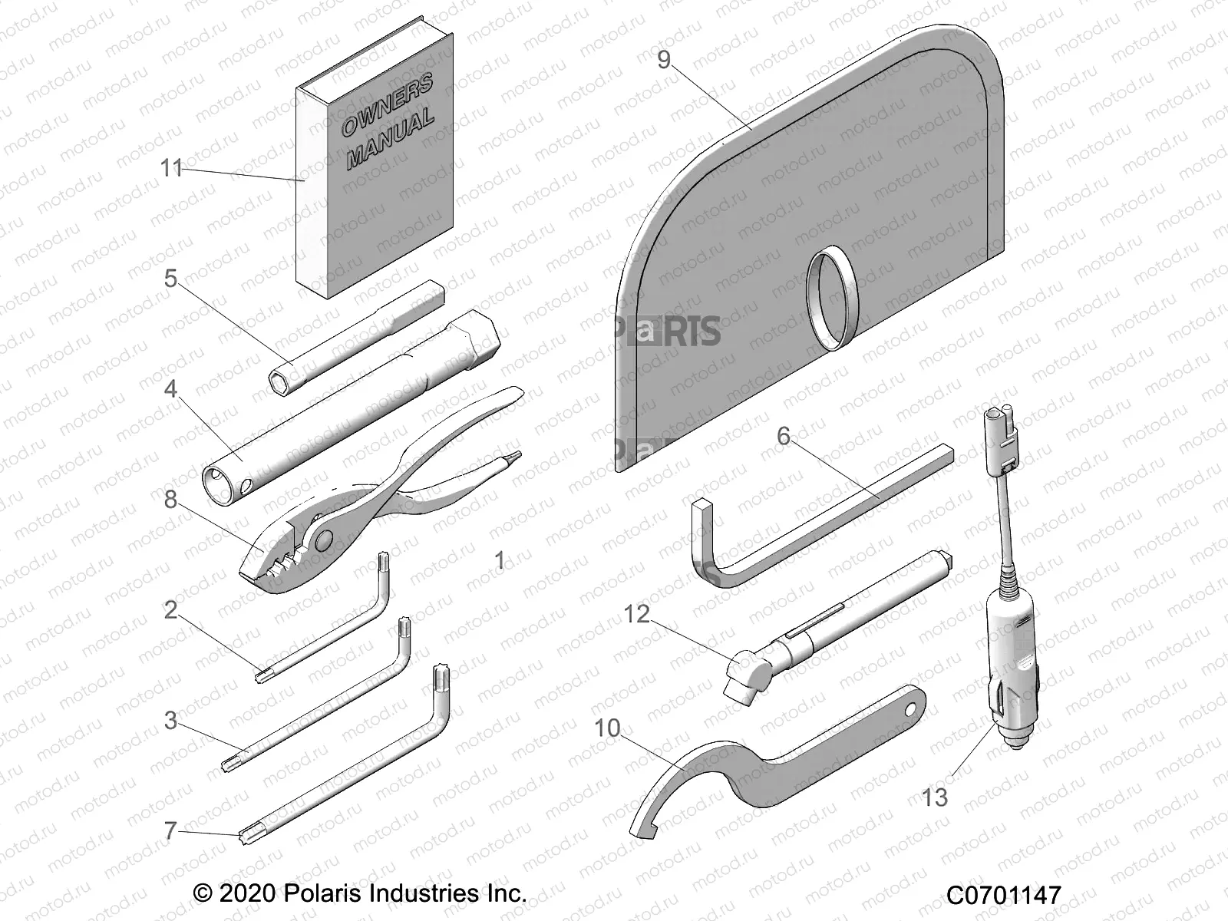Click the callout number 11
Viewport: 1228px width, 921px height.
click(x=171, y=167)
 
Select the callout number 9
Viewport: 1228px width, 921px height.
click(x=664, y=60)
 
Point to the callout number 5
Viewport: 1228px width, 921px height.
click(x=170, y=279)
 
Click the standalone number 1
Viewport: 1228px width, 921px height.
click(x=500, y=560)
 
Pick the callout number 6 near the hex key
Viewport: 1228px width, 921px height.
click(x=783, y=436)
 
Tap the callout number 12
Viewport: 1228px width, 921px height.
click(x=637, y=613)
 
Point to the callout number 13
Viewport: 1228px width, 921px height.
click(x=935, y=797)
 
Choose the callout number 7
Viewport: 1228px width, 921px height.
click(x=170, y=830)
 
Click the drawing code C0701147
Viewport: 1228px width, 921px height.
click(x=1003, y=895)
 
